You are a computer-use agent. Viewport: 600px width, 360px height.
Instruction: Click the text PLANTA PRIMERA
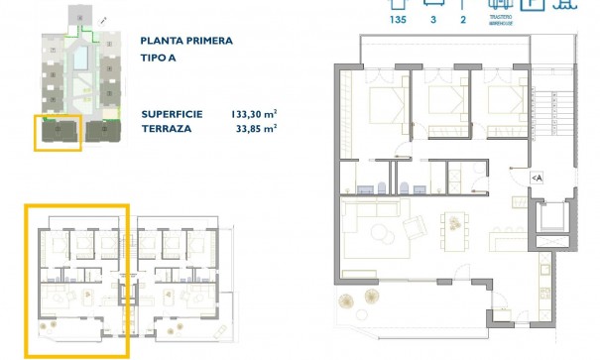[x=187, y=41]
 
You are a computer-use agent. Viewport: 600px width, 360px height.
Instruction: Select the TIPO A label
[x=161, y=59]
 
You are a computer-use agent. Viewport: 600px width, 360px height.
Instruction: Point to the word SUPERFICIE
[x=172, y=114]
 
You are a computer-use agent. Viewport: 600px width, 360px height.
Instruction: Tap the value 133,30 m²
[x=253, y=114]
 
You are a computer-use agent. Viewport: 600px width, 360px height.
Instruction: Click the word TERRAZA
[x=166, y=129]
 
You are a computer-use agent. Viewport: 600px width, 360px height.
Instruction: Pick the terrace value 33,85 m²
[x=255, y=129]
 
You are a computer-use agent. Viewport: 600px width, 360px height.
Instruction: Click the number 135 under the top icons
[x=400, y=19]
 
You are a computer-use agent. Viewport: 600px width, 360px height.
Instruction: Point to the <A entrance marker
[x=537, y=178]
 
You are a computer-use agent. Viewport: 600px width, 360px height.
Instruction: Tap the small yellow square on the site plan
[x=57, y=129]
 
